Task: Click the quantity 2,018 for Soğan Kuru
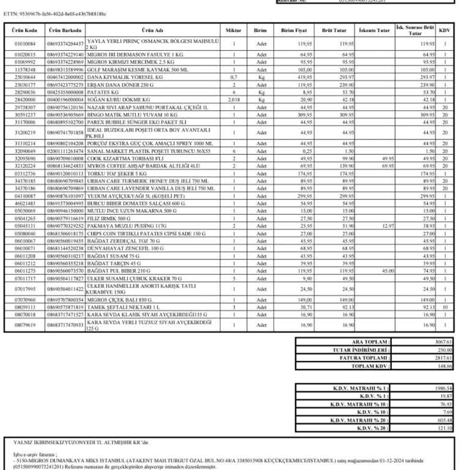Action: (x=233, y=99)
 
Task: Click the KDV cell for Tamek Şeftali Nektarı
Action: (x=445, y=307)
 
